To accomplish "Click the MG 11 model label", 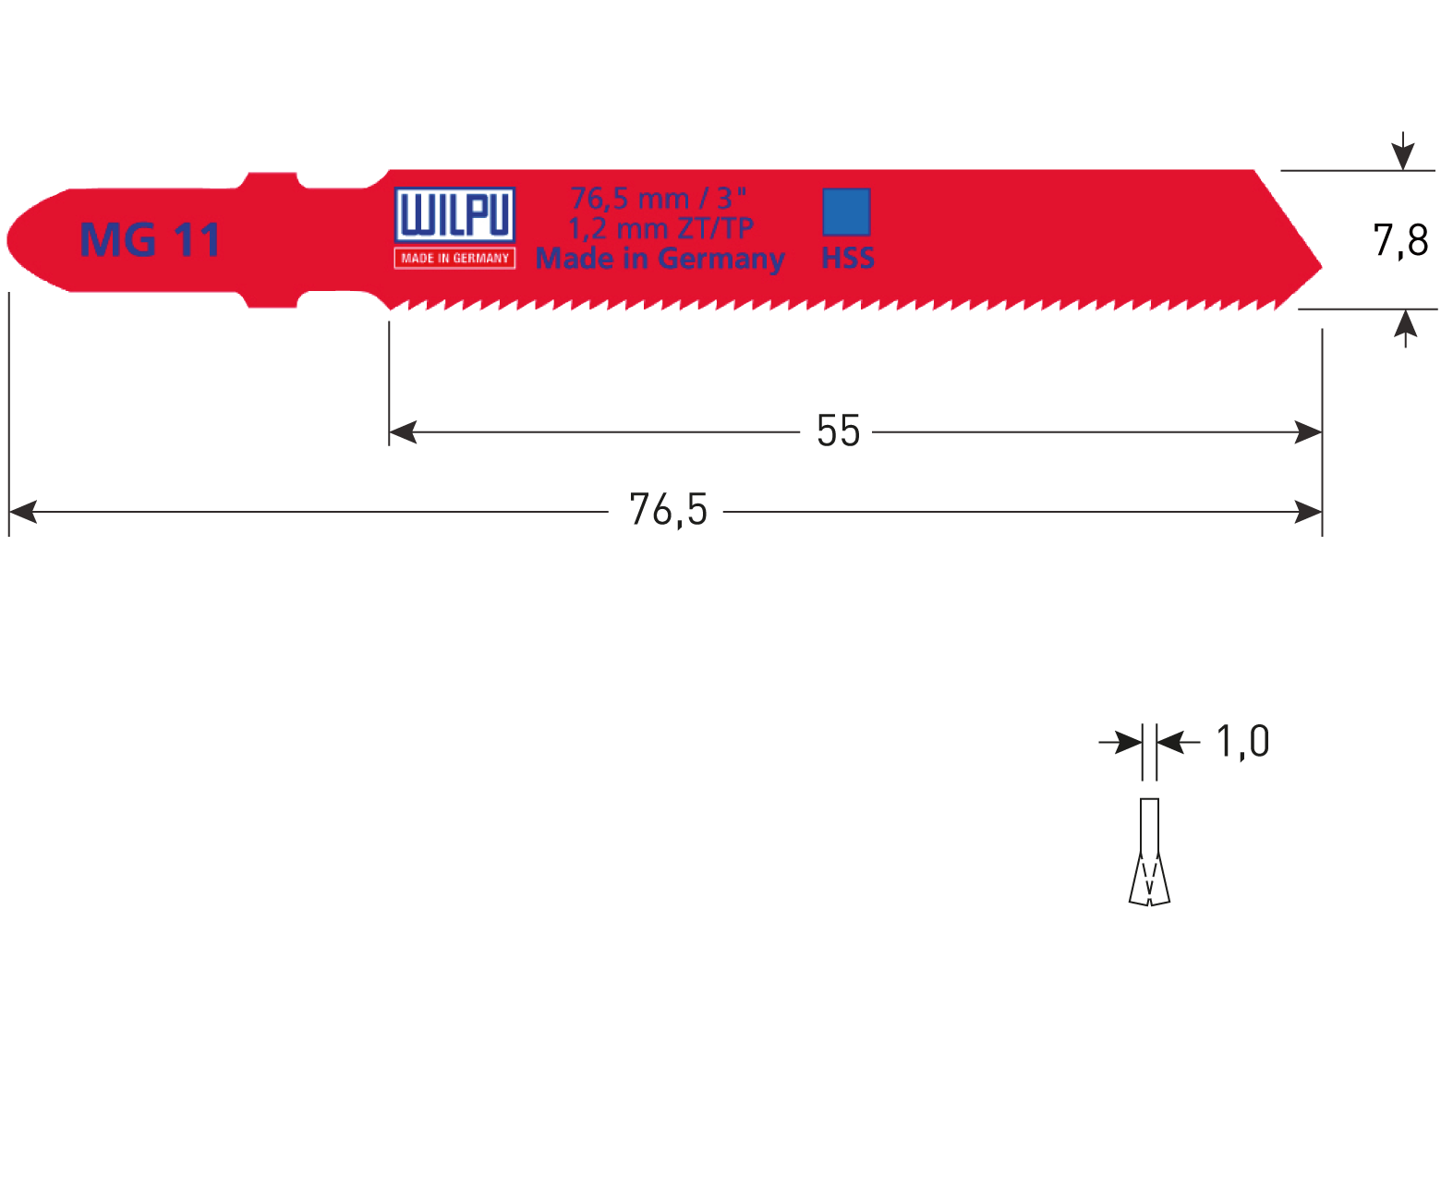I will pos(151,240).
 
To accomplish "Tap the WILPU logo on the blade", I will pos(454,216).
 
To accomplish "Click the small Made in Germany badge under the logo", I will pos(454,259).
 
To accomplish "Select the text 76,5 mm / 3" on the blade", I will pos(659,198).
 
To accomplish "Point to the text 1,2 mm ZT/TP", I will pos(660,227).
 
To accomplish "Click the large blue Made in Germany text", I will pos(660,259).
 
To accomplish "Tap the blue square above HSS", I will pos(846,212).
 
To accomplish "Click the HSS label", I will pos(847,259).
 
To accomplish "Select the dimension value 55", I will pos(838,431).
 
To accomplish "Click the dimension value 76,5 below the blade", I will pos(668,510).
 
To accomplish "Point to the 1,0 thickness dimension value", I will pos(1242,741).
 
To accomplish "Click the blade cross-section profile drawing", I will pos(1149,852).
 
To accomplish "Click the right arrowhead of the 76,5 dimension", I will pos(1309,511).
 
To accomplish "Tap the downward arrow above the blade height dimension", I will pos(1403,153).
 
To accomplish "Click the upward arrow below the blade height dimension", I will pos(1405,326).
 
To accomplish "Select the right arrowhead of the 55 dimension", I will pos(1309,431).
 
